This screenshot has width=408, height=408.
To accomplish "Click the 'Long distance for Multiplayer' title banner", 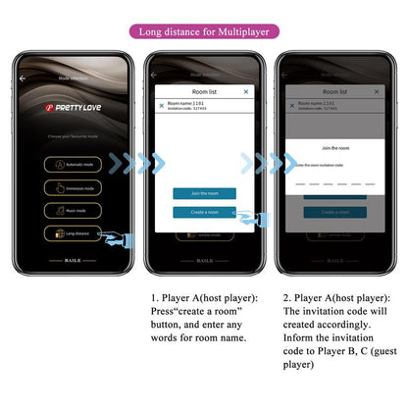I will (203, 31).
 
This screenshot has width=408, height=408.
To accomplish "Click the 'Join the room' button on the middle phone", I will (204, 193).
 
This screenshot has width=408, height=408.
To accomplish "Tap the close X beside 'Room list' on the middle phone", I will (246, 91).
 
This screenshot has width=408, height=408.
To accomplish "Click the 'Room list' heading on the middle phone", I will (203, 91).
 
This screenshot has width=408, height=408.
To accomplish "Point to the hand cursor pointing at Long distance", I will (119, 238).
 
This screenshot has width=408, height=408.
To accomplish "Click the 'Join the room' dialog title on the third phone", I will (333, 147).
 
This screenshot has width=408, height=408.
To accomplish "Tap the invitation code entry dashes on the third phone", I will (333, 182).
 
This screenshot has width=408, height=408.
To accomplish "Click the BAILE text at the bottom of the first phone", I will (74, 261).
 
